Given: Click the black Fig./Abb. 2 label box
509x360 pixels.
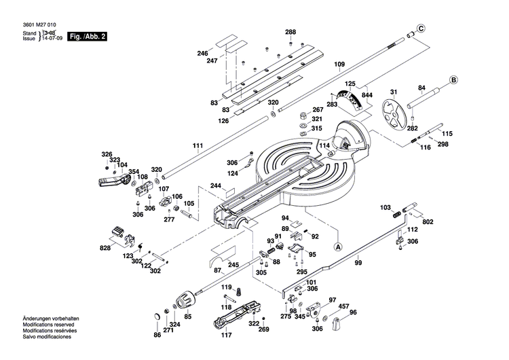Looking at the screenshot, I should [x=88, y=36].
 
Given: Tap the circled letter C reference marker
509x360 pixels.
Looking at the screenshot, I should [x=421, y=28].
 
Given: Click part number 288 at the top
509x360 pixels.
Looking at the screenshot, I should [x=290, y=33].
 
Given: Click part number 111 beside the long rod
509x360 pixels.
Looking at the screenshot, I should [x=197, y=146].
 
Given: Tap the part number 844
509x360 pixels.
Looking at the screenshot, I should [x=367, y=95].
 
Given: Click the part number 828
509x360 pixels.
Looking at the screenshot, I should [x=105, y=249].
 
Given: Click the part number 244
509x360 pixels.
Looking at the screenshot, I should [x=215, y=185].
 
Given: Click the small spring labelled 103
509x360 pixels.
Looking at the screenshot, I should [x=396, y=213].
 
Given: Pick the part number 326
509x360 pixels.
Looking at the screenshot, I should [x=106, y=154].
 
